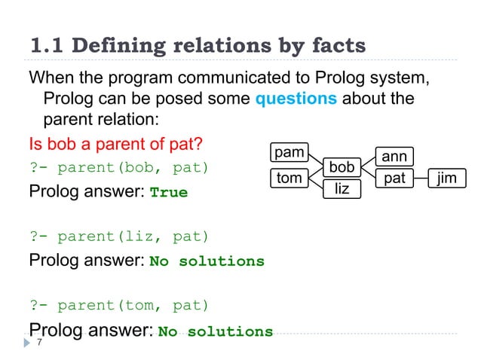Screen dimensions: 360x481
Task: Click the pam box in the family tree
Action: click(x=289, y=153)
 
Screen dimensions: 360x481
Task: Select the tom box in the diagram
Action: click(x=289, y=178)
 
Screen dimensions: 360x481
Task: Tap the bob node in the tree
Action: click(x=342, y=166)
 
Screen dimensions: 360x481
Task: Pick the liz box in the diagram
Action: click(x=342, y=188)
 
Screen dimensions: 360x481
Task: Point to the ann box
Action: click(x=394, y=157)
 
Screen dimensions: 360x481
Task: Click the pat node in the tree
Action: click(x=394, y=178)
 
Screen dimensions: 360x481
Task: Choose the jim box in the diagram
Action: click(x=447, y=178)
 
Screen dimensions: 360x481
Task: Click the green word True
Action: click(x=169, y=193)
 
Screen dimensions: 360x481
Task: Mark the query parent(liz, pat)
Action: click(x=119, y=236)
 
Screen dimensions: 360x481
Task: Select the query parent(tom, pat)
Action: click(x=119, y=306)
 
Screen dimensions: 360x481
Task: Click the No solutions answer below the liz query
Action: click(x=207, y=262)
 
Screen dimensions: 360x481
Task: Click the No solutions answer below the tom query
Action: click(x=216, y=331)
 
